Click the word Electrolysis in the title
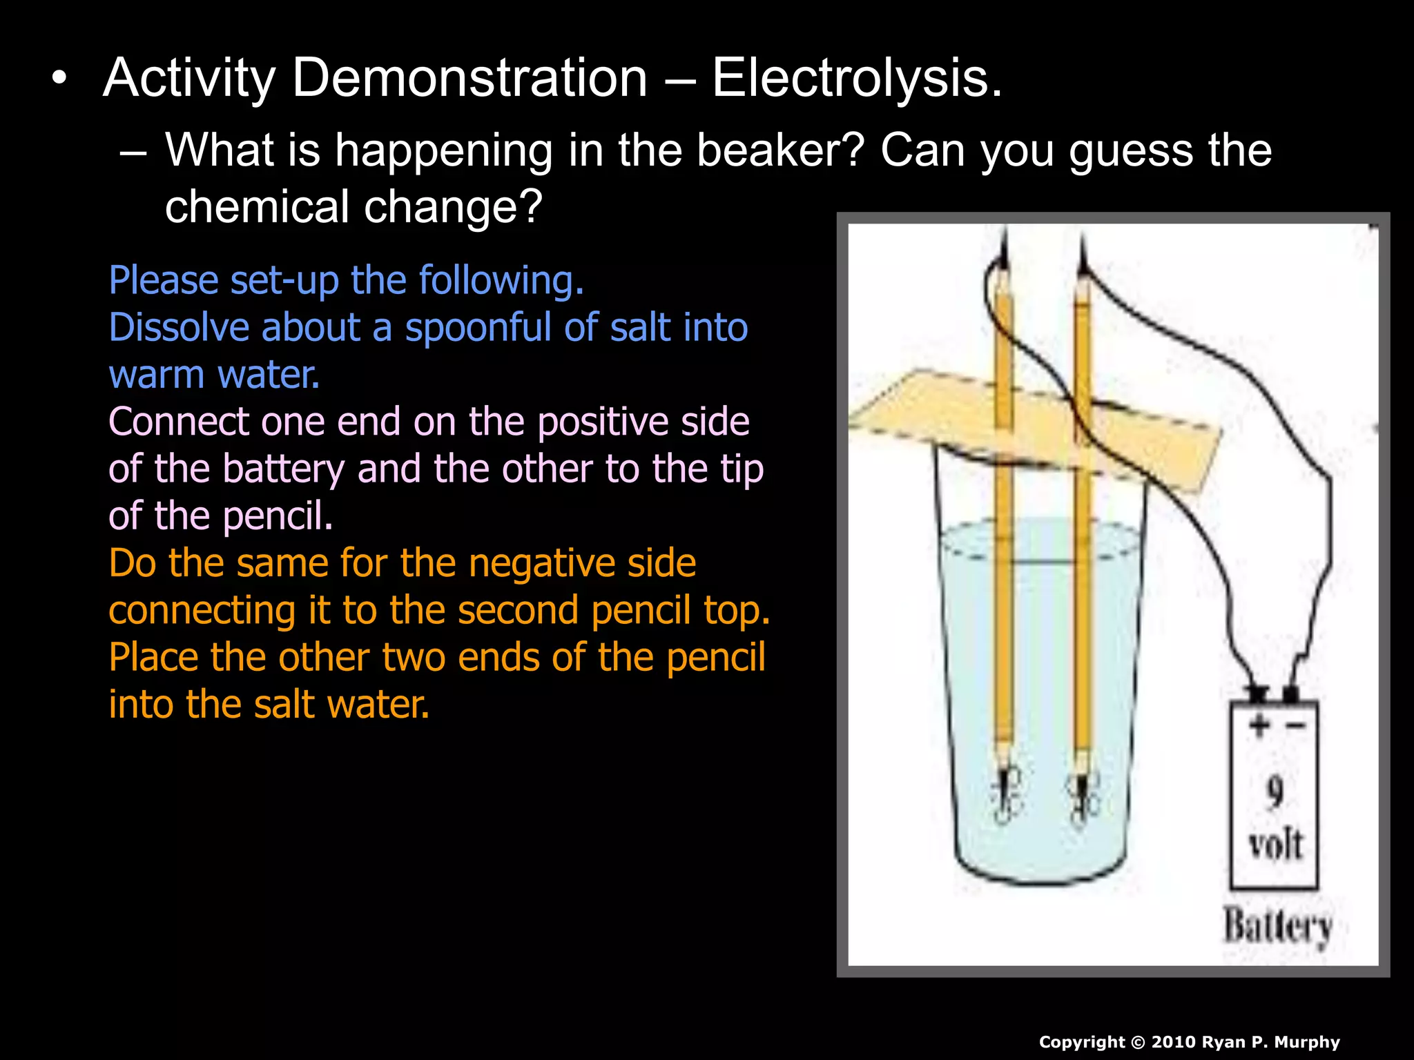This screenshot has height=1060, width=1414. pos(856,78)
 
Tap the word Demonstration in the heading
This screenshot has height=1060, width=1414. pos(469,78)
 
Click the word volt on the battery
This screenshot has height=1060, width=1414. pos(1275,844)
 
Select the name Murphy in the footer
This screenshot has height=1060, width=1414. pos(1306,1042)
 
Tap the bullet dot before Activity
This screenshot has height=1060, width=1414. pos(60,78)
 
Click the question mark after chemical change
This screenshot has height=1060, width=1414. pos(530,207)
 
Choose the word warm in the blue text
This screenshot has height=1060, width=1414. pos(156,375)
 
